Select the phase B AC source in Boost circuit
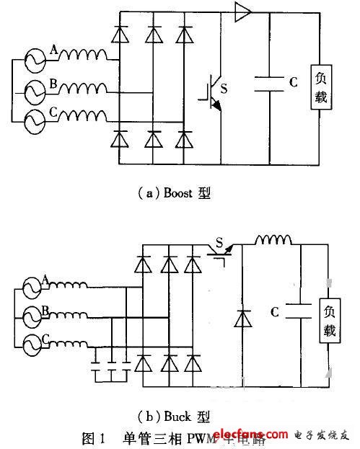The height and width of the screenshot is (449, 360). [x=34, y=92]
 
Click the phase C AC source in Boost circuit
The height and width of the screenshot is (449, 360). [x=34, y=120]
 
